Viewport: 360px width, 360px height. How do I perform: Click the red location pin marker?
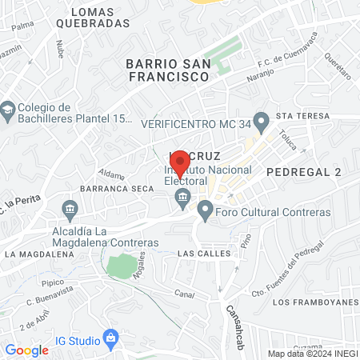point(180,160)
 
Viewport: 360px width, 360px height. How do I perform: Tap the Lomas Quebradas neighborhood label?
point(100,18)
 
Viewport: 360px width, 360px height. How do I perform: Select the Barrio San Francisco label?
point(168,70)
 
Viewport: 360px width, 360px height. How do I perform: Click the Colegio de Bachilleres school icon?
point(9,108)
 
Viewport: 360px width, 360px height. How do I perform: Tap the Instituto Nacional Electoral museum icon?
point(182,197)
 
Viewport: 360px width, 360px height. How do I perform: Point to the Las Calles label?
point(204,253)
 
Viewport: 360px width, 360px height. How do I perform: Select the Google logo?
point(27,350)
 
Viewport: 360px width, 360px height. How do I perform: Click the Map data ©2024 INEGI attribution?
point(312,353)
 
